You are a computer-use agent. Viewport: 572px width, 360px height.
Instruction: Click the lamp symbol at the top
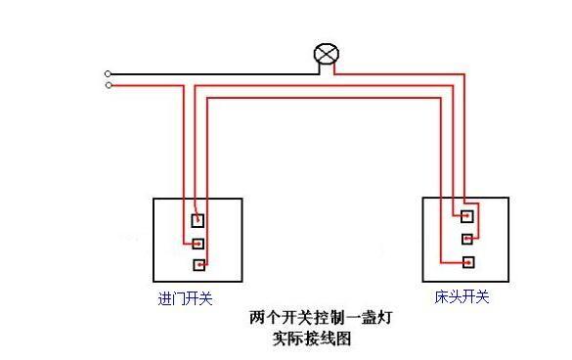point(326,57)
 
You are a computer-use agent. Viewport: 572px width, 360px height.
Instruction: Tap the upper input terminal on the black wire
point(109,73)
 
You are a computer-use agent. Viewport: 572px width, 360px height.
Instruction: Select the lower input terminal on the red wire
point(109,85)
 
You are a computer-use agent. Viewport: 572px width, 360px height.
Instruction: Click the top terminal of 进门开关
point(198,221)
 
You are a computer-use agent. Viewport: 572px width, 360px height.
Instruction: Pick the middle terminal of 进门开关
point(198,244)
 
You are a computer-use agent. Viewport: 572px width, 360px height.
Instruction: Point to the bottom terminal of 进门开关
point(198,265)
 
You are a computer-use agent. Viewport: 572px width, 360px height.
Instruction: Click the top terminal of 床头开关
point(468,216)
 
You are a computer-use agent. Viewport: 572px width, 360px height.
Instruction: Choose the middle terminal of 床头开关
point(468,239)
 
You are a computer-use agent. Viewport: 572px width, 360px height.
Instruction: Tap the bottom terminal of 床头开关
point(468,261)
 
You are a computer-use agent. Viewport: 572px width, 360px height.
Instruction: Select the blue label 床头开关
point(462,295)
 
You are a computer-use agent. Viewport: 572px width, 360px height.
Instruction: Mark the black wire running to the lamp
point(215,73)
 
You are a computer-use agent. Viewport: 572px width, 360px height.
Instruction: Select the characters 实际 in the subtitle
point(288,339)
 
